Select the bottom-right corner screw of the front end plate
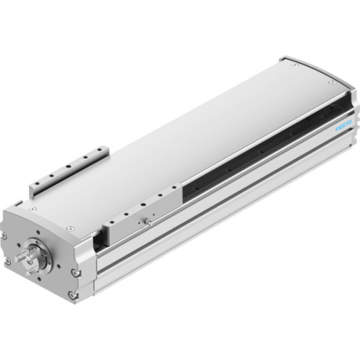pyautogui.click(x=73, y=296)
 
